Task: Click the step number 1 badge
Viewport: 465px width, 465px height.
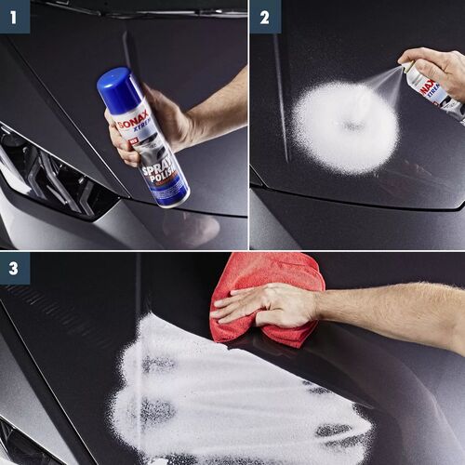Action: click(x=14, y=16)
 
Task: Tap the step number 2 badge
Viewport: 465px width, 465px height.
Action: click(x=265, y=16)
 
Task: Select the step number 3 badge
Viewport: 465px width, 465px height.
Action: click(x=14, y=268)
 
